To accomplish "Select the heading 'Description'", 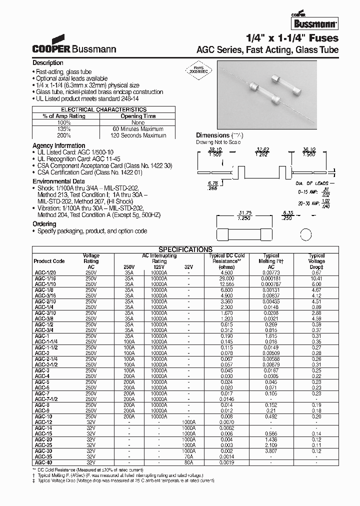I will [x=48, y=63].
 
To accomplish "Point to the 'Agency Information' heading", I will [x=58, y=146].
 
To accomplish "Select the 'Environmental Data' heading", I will [x=58, y=181].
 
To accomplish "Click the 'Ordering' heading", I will [x=44, y=224].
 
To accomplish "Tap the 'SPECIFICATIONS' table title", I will [x=185, y=249].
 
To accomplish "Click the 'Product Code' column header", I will [x=49, y=261].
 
